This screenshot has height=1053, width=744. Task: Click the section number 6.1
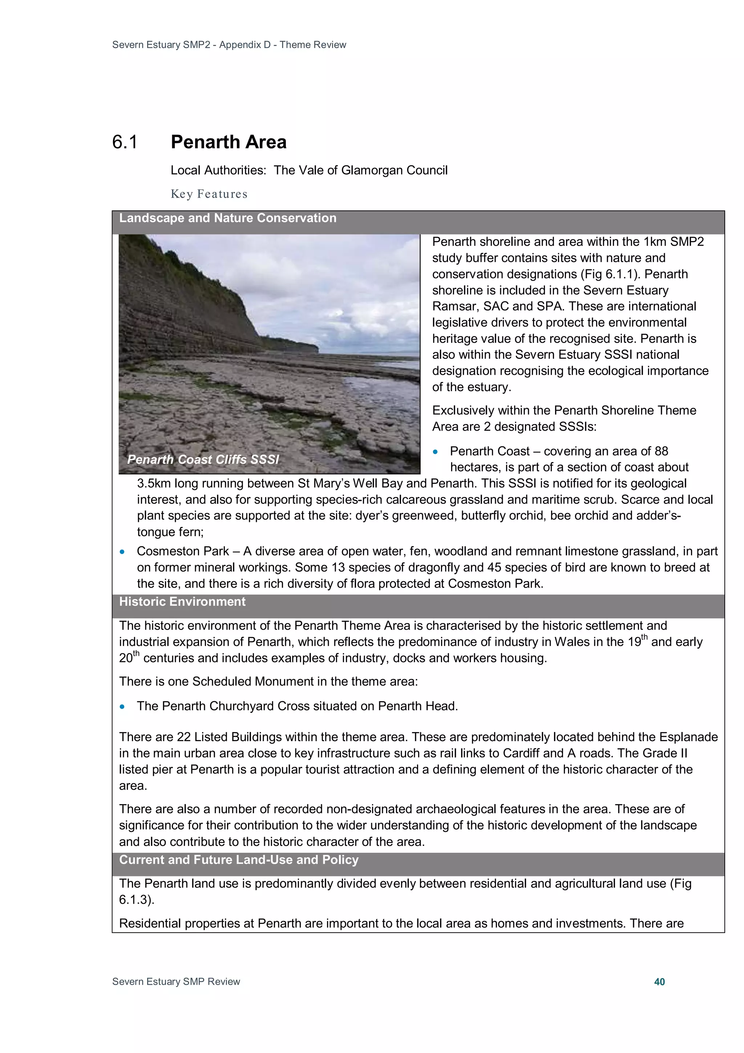tap(125, 142)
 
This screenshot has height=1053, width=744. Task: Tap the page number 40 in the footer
tap(659, 981)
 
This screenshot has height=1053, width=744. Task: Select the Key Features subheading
tap(209, 194)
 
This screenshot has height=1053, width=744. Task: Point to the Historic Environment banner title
tap(182, 602)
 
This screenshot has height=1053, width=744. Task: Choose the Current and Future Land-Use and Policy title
tap(238, 860)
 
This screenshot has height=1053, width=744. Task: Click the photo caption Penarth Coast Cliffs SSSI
tap(203, 459)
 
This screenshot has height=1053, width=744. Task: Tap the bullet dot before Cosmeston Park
tap(122, 552)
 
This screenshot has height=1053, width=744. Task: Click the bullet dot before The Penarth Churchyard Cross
tap(122, 707)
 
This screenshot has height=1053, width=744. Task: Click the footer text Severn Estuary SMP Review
tap(176, 981)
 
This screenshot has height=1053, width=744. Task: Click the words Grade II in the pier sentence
tap(665, 753)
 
